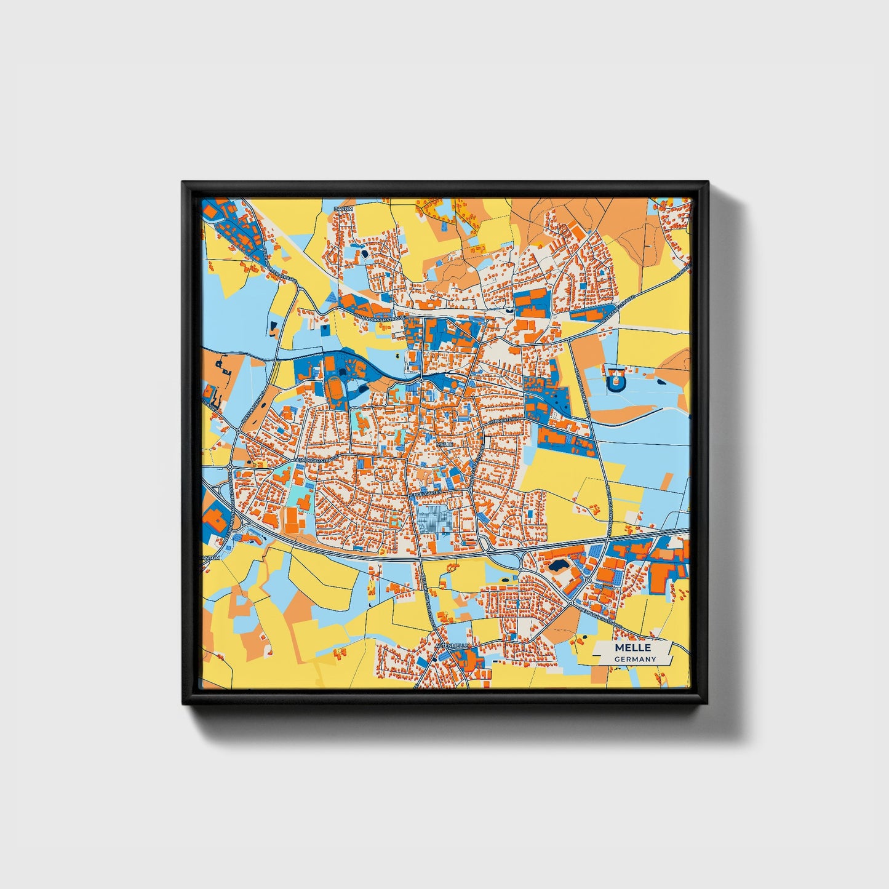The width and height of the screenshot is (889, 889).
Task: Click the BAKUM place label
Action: [343, 209]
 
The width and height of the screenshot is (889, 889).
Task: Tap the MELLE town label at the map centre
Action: [445, 443]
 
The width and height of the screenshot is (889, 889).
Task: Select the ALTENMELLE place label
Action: [452, 645]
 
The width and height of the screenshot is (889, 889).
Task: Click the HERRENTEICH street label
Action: [505, 420]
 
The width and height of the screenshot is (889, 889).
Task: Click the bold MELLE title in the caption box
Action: [632, 648]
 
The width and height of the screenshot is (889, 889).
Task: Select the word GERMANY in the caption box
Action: [635, 660]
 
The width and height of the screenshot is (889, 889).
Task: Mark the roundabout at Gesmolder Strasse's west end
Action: [230, 468]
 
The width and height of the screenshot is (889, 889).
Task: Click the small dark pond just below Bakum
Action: [364, 252]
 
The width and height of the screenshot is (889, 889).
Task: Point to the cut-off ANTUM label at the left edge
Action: [210, 557]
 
